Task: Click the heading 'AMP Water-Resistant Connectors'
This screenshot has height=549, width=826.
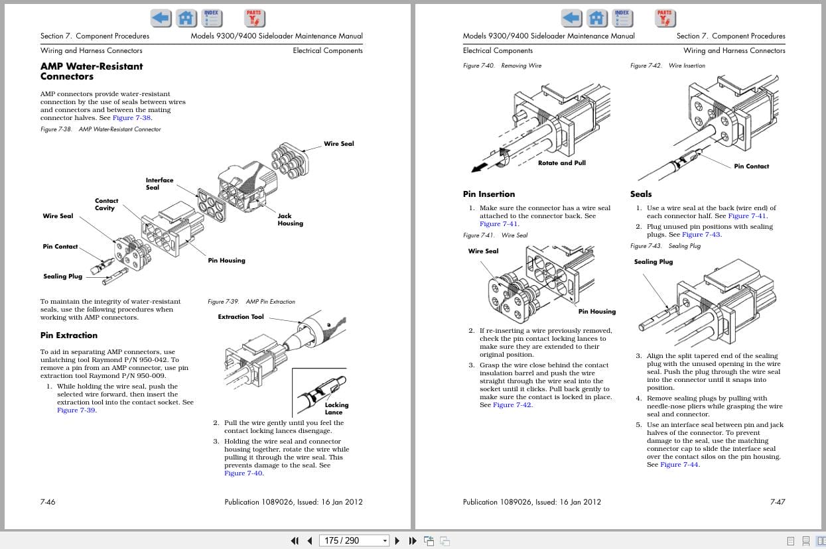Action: [x=91, y=71]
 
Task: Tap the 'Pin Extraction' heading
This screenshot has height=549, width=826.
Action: [x=68, y=335]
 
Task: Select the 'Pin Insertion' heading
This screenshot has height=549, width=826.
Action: [x=488, y=194]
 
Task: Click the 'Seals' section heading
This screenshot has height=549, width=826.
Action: [x=640, y=194]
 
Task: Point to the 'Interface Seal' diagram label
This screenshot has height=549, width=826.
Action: [x=159, y=184]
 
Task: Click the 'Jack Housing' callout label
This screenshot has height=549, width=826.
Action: [x=290, y=219]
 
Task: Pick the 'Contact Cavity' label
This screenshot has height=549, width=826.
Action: [x=106, y=204]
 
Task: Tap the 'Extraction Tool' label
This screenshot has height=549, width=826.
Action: [x=240, y=317]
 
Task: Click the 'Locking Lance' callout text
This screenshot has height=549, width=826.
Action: [x=336, y=408]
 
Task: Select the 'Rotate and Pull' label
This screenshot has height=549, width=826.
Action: [x=561, y=163]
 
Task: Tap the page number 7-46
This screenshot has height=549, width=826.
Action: [x=48, y=502]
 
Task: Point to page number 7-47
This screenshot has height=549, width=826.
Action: [x=777, y=502]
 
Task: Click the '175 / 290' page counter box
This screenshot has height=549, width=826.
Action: [x=351, y=540]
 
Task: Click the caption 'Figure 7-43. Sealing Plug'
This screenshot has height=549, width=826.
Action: [x=665, y=246]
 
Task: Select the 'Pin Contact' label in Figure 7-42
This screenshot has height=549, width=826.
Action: [x=751, y=166]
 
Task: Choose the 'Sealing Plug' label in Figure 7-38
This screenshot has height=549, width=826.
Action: [x=62, y=276]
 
